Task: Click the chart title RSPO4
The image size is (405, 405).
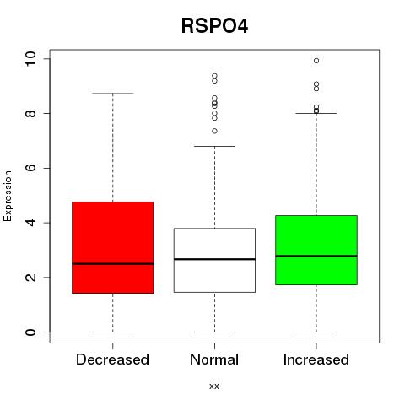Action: [214, 26]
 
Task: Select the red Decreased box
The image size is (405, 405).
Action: [113, 247]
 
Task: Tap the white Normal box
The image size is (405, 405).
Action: [214, 260]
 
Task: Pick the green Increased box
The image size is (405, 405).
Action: [316, 250]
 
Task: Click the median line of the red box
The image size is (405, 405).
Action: [113, 264]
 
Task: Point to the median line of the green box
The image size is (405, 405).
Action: [316, 256]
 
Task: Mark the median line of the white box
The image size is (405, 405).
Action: [214, 259]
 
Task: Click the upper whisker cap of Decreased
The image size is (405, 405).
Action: [113, 94]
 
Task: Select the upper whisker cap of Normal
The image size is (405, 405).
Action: [214, 146]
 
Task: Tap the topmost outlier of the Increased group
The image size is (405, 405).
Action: [316, 61]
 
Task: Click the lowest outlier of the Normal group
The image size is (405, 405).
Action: [214, 131]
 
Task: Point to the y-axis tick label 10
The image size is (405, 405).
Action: [31, 59]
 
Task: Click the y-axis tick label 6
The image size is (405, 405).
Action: [31, 168]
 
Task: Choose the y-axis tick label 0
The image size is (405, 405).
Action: [31, 332]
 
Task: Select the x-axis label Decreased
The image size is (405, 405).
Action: [112, 359]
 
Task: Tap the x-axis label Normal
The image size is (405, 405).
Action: [214, 359]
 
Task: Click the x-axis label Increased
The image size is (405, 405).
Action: [316, 359]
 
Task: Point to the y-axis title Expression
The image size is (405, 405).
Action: [8, 196]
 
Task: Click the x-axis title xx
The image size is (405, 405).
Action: [214, 386]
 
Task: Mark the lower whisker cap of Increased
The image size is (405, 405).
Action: [316, 332]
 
